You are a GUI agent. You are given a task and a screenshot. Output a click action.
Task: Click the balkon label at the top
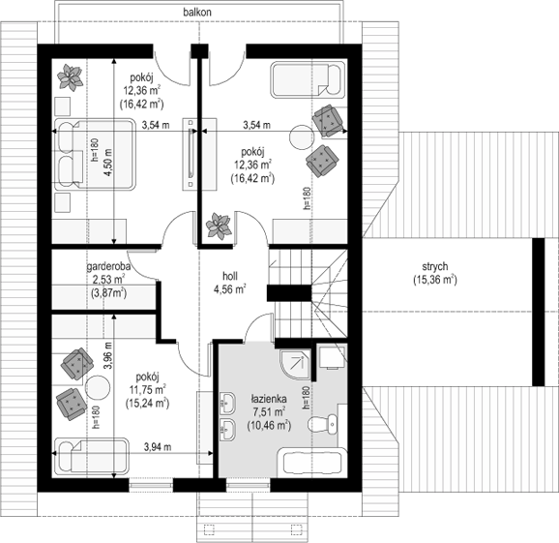pos(197,13)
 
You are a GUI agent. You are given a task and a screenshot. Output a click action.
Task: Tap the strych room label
pos(435,266)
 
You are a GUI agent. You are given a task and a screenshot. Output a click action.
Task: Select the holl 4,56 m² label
pos(230,283)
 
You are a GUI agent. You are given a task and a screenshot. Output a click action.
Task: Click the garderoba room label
pos(108,266)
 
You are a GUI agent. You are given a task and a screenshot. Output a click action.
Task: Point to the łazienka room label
pos(269,399)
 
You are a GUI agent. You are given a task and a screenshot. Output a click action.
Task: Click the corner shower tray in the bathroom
pos(295,365)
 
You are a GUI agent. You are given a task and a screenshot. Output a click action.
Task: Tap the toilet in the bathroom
pos(322,425)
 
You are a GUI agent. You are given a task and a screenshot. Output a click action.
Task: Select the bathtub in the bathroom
pos(312,463)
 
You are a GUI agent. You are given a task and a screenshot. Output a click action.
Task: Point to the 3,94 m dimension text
pos(158,446)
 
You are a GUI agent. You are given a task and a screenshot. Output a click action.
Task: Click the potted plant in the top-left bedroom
pos(71,77)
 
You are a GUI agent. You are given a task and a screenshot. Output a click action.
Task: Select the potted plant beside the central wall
pos(219,226)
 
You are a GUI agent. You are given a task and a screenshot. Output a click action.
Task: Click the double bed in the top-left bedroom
pos(95,154)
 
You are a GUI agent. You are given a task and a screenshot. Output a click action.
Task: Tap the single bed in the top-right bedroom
pos(308,79)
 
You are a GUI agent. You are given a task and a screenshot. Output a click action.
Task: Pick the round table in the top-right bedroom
pos(302,137)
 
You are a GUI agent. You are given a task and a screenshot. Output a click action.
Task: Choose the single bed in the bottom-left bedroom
pos(91,457)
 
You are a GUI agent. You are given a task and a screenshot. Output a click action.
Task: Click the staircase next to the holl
pos(308,293)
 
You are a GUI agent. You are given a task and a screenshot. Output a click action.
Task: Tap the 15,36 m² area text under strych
pos(435,280)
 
